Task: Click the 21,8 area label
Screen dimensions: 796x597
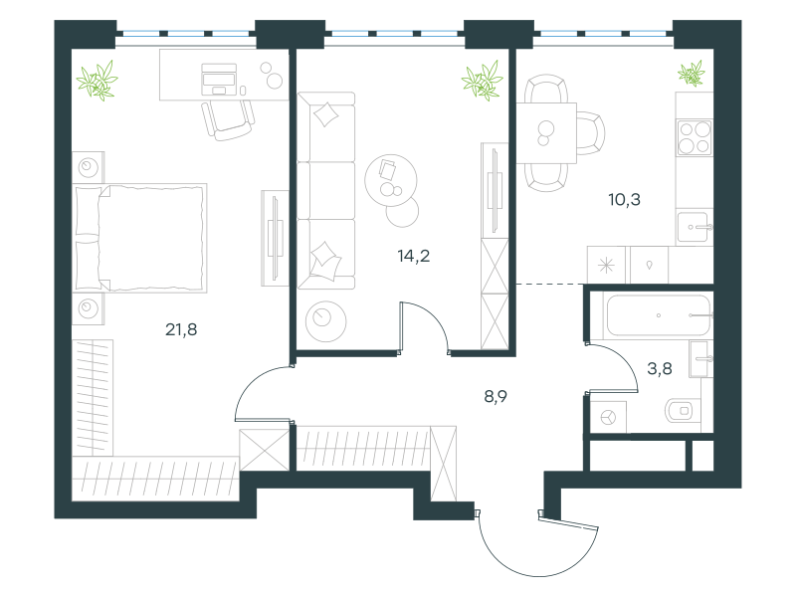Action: coord(181,330)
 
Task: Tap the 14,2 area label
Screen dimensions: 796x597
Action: coord(414,256)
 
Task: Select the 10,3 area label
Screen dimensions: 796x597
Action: coord(625,200)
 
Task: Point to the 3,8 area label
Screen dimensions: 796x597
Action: coord(660,368)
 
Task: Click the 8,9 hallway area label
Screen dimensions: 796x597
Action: coord(496,396)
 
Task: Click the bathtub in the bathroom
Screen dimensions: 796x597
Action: coord(659,315)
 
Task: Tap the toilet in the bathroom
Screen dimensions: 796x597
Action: coord(683,410)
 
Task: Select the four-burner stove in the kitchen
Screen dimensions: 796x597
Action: coord(695,137)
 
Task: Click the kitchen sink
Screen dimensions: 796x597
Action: coord(695,227)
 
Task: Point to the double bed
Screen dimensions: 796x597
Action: coord(140,238)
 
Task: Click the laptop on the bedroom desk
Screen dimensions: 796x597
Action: coord(219,80)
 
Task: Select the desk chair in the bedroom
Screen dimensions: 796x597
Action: coord(228,119)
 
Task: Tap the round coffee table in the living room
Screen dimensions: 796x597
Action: coord(391,180)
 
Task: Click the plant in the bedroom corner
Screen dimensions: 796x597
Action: coord(98,81)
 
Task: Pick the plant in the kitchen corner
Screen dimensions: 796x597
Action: coord(692,73)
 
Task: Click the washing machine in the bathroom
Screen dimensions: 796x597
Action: coord(608,417)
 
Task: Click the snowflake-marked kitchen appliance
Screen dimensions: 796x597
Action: coord(606,265)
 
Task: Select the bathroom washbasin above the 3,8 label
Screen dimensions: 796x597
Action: coord(700,359)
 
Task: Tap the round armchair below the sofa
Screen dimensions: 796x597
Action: coord(326,320)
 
